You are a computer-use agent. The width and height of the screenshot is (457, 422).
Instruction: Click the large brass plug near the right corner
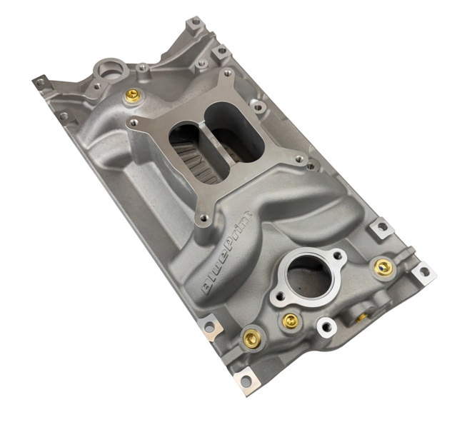point(383,267)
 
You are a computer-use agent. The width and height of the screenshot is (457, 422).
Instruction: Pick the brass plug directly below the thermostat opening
point(289,321)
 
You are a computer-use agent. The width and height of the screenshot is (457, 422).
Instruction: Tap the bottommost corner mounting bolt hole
point(246,382)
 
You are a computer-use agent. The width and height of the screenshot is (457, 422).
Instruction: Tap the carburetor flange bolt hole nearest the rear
point(227,74)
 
